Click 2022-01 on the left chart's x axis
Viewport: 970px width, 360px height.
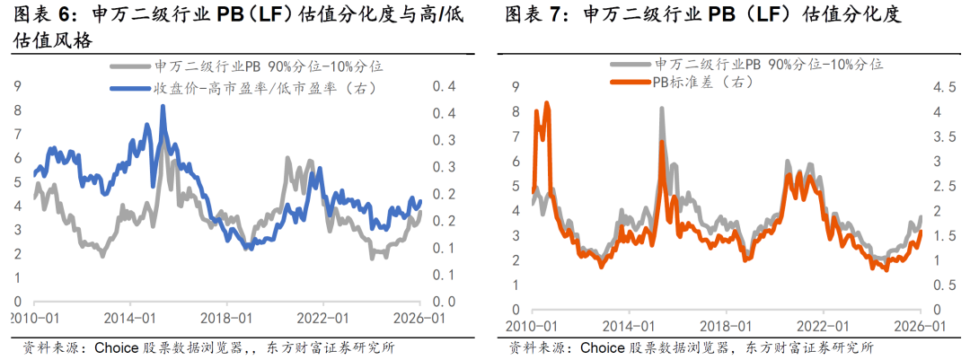325,318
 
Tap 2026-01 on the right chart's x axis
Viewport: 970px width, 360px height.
919,325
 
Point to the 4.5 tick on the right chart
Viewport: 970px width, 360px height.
947,87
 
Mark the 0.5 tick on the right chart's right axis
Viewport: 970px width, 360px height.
947,285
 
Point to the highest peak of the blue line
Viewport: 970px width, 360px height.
163,106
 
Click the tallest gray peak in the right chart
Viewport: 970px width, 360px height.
662,109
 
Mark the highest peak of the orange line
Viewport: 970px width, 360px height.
547,103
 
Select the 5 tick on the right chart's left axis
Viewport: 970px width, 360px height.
516,186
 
